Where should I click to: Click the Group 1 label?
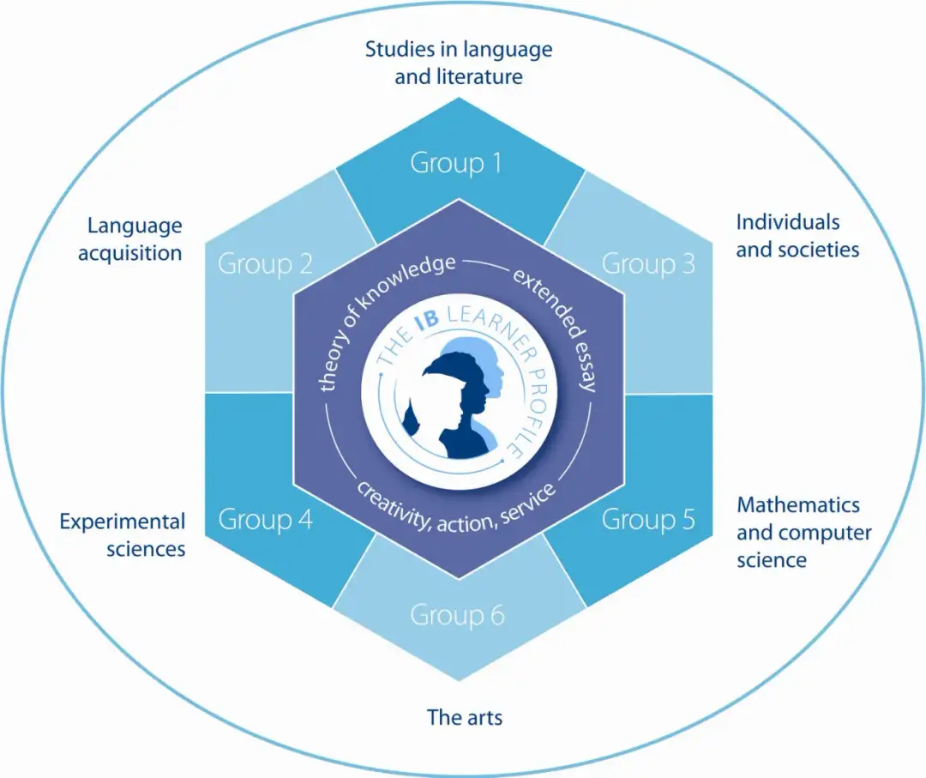click(455, 162)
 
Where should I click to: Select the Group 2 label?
click(265, 263)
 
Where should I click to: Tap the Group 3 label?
click(648, 263)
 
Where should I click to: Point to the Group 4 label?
click(265, 519)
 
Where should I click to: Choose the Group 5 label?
click(648, 519)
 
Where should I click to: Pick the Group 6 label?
click(457, 615)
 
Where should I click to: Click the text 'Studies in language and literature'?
click(459, 63)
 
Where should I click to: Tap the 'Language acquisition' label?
click(135, 239)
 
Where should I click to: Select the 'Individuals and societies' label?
click(797, 236)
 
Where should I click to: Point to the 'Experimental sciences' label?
click(123, 534)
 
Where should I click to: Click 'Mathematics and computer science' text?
click(803, 532)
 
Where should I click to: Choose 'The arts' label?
click(465, 716)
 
